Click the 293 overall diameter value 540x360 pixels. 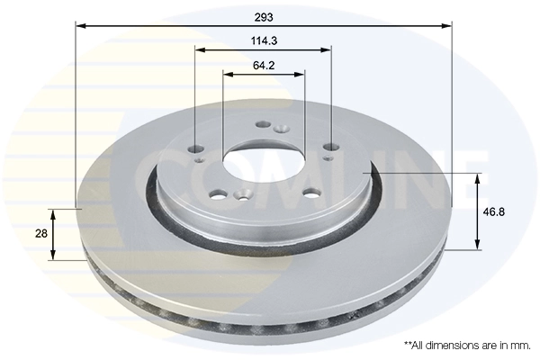[263, 16]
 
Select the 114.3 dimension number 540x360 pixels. [263, 40]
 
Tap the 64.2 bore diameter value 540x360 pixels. [263, 65]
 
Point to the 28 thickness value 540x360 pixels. [40, 234]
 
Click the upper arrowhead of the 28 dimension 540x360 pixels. [56, 213]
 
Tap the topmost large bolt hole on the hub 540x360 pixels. [263, 126]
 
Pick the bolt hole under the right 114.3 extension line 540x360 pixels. [331, 148]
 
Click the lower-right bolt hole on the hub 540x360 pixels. [311, 192]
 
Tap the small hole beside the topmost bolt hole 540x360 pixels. [281, 130]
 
